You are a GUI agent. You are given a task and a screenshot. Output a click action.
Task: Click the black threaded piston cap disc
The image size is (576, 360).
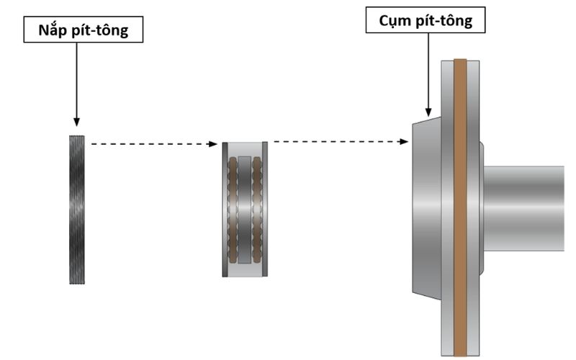(76, 210)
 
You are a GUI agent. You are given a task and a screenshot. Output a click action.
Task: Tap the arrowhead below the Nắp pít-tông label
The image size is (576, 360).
(76, 122)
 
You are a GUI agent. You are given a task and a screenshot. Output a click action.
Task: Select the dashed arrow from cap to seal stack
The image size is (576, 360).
(151, 144)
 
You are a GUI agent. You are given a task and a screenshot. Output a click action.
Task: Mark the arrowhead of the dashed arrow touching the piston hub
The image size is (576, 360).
(405, 141)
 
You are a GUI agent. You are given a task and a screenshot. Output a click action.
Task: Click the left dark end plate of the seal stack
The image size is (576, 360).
(225, 209)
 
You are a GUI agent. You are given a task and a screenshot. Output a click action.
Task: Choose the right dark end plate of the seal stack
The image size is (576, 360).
(265, 209)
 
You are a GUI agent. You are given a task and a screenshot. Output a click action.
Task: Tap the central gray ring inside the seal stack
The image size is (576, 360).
(245, 209)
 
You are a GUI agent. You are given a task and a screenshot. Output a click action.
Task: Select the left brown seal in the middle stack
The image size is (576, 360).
(233, 209)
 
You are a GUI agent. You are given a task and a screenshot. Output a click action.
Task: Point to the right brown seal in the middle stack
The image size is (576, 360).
(257, 209)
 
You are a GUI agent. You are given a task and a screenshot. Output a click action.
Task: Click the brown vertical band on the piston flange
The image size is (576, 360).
(460, 209)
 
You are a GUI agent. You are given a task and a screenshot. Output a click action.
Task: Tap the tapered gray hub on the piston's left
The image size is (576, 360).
(426, 209)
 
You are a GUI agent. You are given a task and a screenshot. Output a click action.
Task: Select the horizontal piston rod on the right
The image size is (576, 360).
(526, 208)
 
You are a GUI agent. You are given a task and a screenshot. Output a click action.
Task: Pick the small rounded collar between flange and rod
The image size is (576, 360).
(481, 208)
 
